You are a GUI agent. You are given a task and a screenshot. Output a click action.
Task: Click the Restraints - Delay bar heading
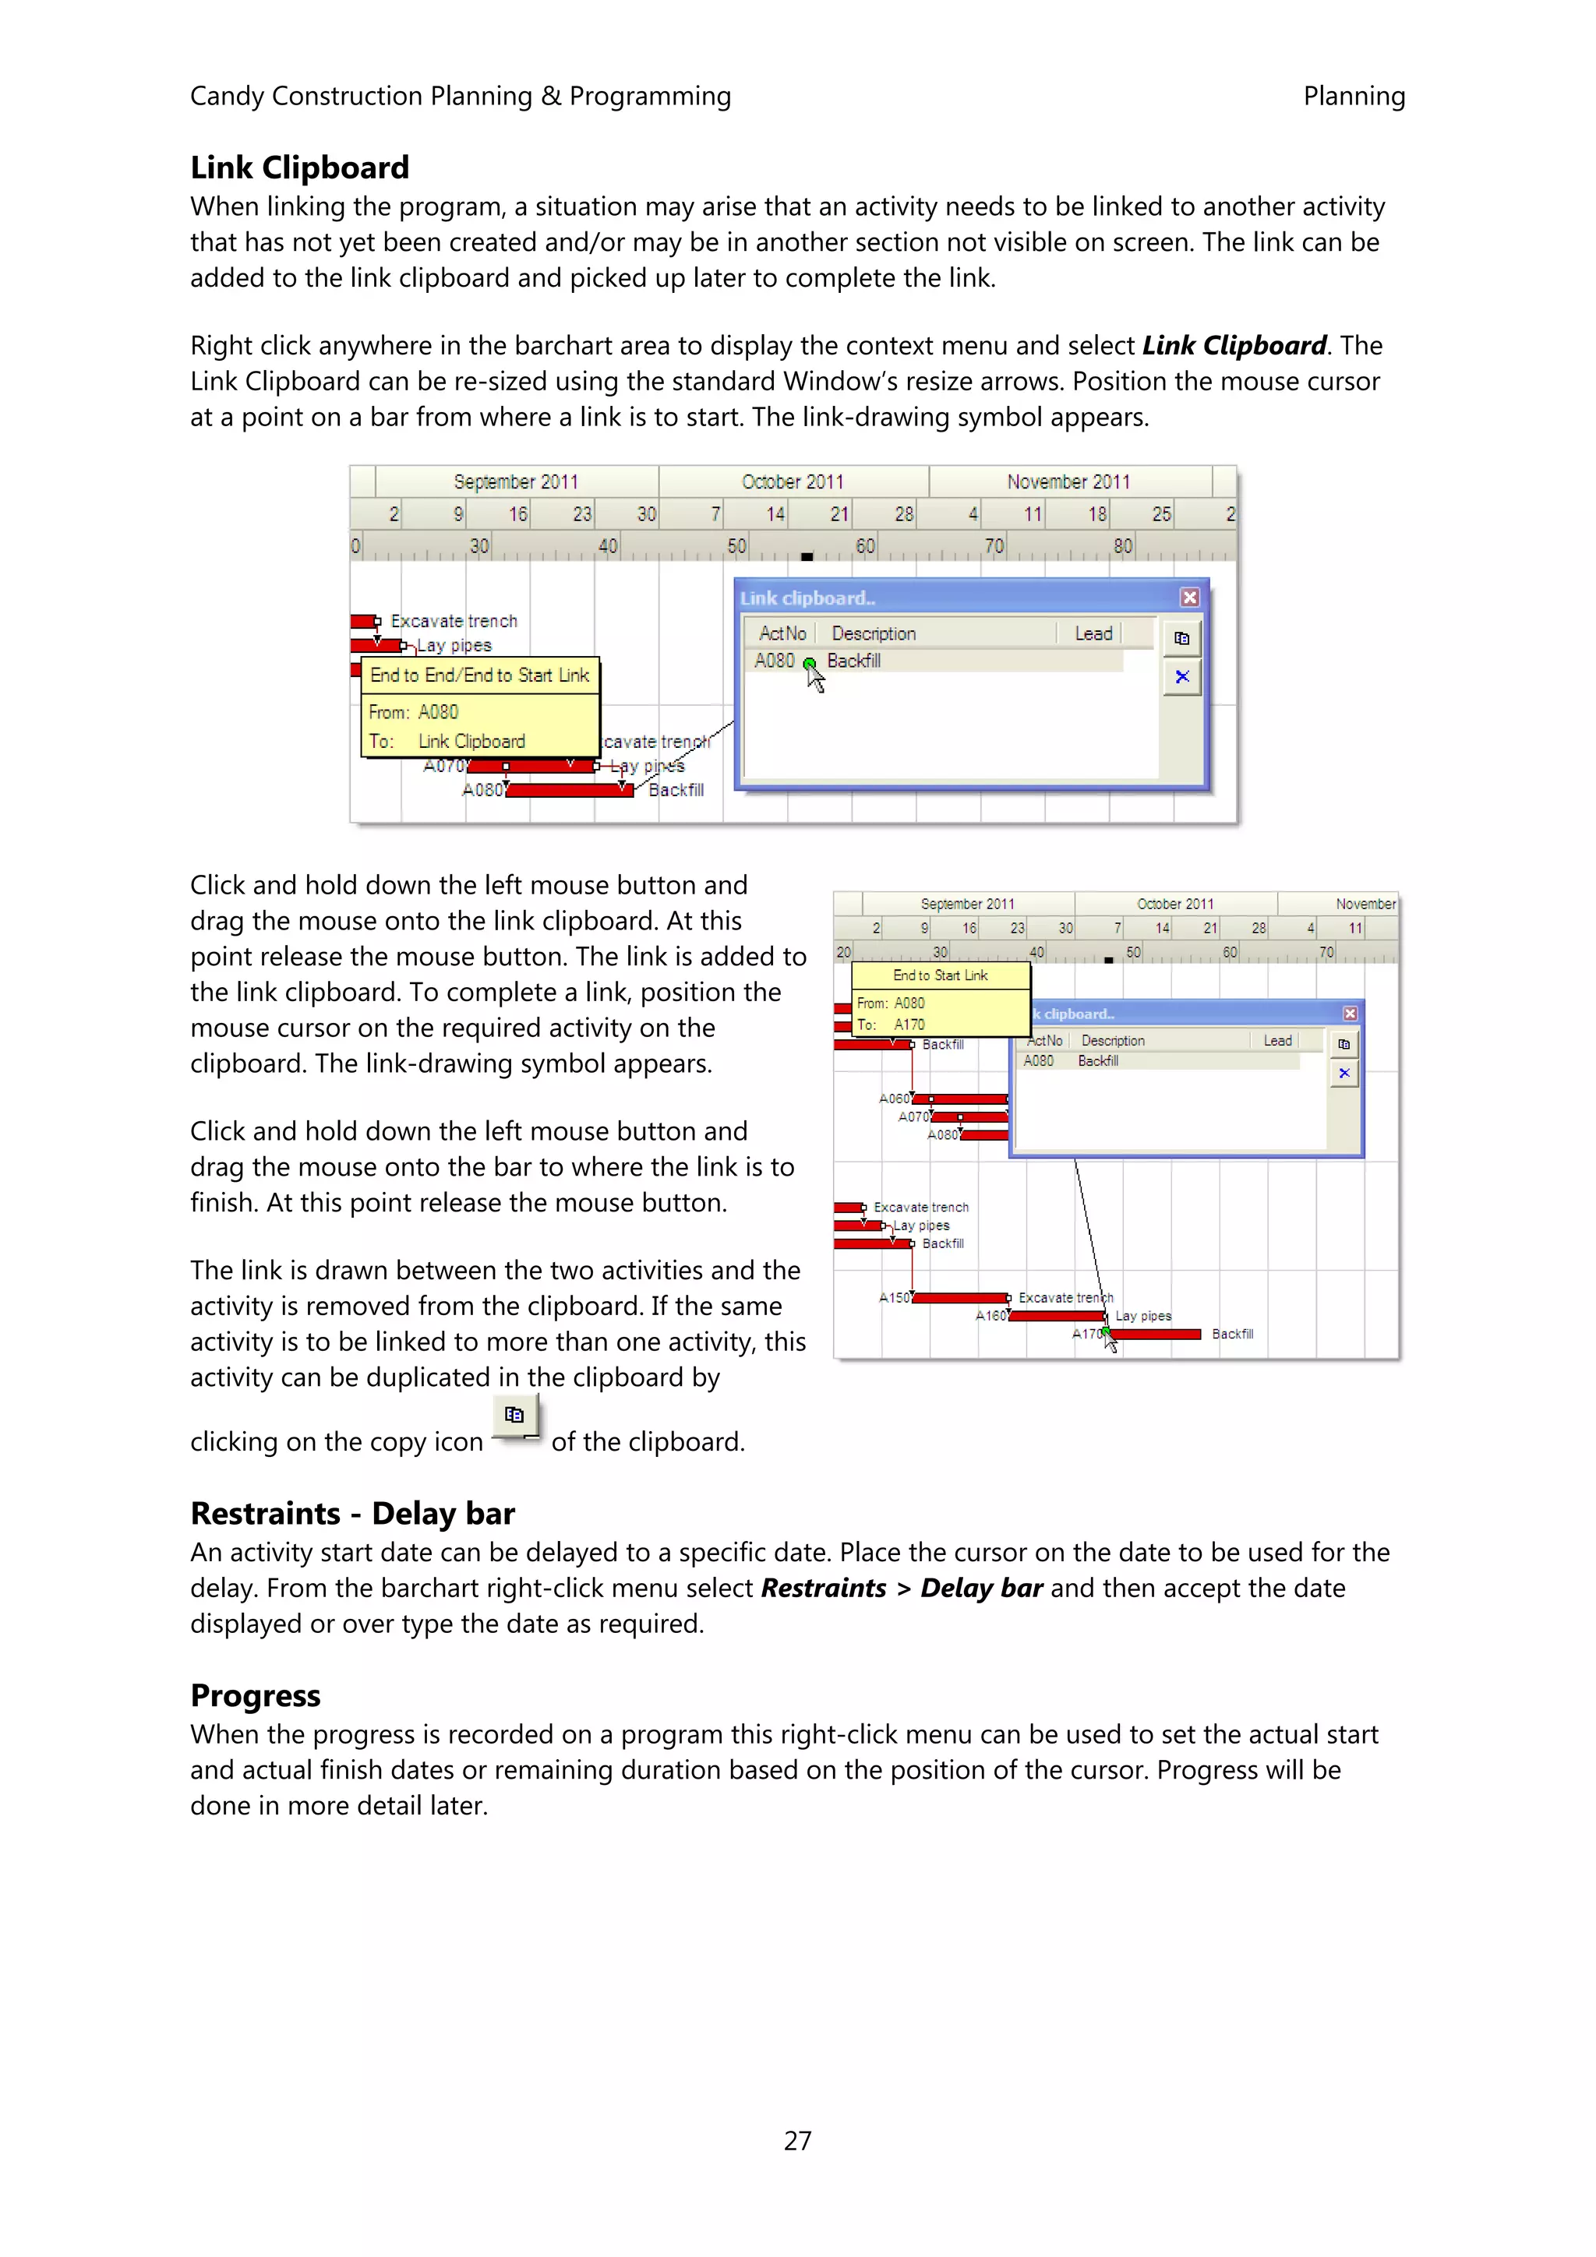(352, 1513)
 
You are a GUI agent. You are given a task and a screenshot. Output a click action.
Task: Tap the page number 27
(797, 2140)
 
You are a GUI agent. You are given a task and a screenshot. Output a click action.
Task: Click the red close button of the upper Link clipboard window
(1189, 598)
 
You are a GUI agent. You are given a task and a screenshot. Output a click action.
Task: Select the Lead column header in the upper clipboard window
(1093, 634)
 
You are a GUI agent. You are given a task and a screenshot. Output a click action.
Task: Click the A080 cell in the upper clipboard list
(774, 661)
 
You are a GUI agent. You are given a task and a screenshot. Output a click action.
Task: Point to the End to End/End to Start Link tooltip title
(479, 675)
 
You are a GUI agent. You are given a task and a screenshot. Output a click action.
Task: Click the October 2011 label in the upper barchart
(793, 481)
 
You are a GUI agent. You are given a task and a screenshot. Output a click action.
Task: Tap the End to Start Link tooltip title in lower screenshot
(940, 975)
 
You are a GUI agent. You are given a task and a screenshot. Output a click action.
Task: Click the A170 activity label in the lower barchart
(1086, 1334)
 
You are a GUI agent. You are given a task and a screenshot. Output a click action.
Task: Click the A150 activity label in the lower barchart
(894, 1298)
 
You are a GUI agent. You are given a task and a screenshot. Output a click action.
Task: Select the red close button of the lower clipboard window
(1351, 1014)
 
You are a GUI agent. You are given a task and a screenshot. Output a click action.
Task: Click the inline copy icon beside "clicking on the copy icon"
(514, 1416)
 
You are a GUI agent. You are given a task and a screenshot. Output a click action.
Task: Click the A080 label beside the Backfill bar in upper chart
(482, 789)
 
